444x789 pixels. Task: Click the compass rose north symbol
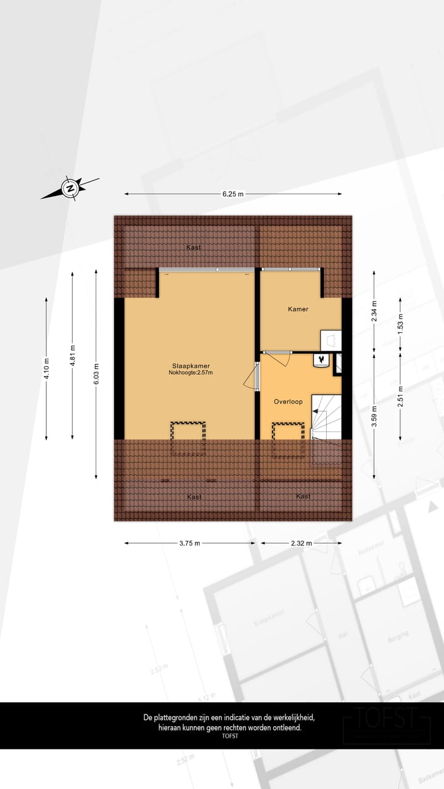(x=70, y=188)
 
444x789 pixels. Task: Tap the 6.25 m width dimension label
(x=232, y=194)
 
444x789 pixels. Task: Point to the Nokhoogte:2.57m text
(x=191, y=372)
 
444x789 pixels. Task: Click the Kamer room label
(x=298, y=309)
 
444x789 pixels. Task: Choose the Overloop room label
(x=288, y=401)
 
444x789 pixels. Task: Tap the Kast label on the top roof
(x=194, y=248)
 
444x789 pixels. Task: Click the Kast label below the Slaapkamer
(x=194, y=496)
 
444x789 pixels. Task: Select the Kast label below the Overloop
(x=303, y=496)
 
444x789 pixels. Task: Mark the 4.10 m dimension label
(x=47, y=368)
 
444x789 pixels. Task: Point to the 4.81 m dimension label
(x=72, y=354)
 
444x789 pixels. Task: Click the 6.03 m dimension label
(x=96, y=374)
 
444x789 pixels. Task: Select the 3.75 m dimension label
(x=190, y=543)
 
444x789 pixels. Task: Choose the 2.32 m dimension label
(x=301, y=543)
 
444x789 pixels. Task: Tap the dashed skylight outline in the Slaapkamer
(x=188, y=438)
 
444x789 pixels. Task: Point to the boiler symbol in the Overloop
(x=321, y=359)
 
